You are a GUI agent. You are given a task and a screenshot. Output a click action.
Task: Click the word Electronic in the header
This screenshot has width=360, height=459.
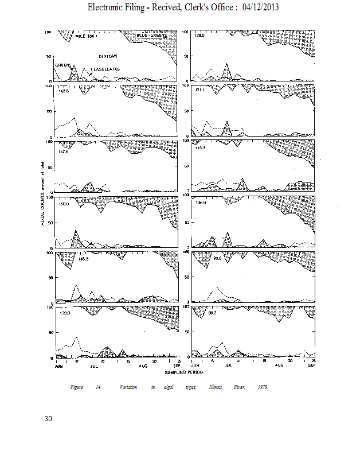coord(107,7)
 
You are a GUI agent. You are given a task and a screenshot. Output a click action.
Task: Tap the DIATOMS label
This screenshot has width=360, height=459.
coord(108,57)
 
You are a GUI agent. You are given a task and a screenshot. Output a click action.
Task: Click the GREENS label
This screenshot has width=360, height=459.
coord(62,65)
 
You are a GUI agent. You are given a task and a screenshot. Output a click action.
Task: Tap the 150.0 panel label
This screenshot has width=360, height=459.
coord(65,204)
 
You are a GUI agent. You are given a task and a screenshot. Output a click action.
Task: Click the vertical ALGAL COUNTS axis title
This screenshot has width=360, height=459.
coord(43,195)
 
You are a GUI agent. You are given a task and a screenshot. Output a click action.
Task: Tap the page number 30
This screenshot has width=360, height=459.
coord(48,419)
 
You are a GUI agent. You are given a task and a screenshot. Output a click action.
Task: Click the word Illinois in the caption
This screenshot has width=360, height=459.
coord(216,388)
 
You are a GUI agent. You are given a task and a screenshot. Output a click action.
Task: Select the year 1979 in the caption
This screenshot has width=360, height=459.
coord(263,388)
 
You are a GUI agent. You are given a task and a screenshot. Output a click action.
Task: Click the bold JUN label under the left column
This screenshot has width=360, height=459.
coord(58,365)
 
